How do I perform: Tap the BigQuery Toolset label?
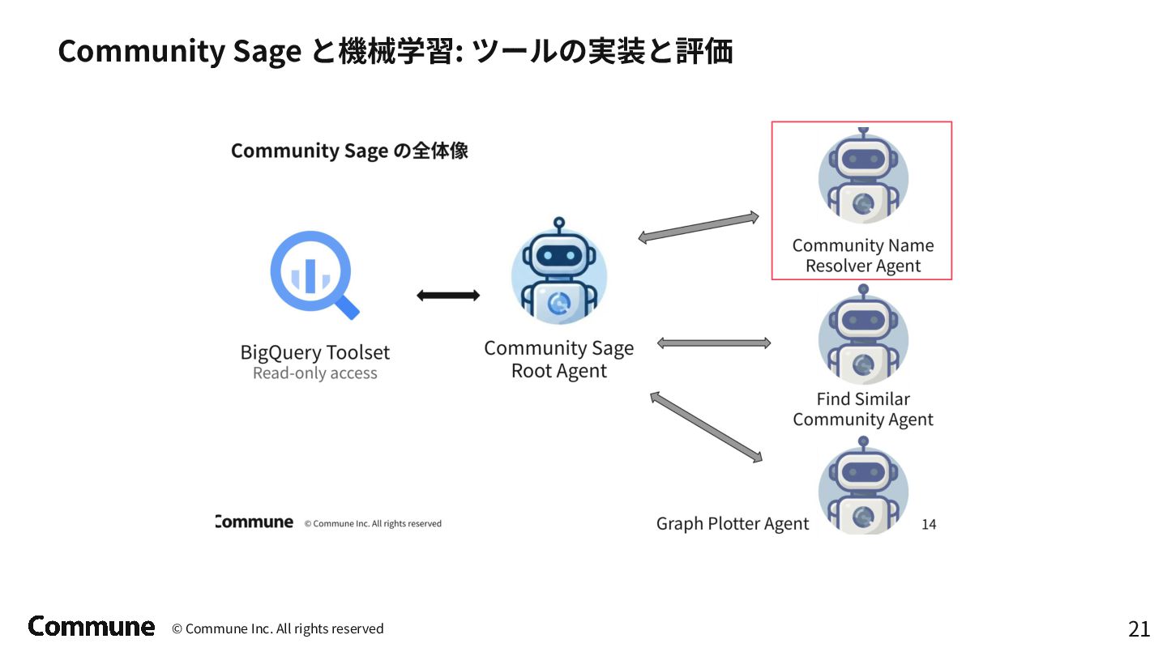coord(314,352)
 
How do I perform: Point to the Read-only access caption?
coord(314,373)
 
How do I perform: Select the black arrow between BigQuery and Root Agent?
coord(447,296)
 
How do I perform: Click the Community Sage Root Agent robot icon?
coord(558,273)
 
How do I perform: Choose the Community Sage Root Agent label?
coord(558,359)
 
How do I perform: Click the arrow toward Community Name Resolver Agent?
coord(698,227)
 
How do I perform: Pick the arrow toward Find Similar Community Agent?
coord(713,343)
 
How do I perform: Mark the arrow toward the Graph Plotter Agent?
coord(706,427)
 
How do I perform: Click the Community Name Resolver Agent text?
coord(862,255)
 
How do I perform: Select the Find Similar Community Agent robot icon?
coord(862,339)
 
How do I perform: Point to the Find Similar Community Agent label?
coord(862,409)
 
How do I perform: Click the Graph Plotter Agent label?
coord(732,524)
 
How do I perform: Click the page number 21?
coord(1139,629)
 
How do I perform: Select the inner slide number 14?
coord(929,525)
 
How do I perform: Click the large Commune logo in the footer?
coord(92,626)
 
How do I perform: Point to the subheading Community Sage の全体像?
coord(349,151)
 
